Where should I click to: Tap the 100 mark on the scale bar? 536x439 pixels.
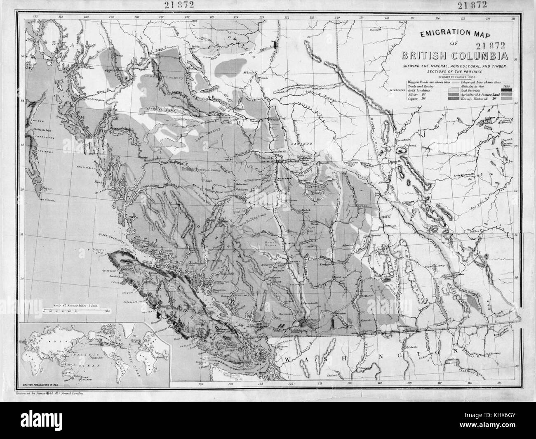point(107,312)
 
